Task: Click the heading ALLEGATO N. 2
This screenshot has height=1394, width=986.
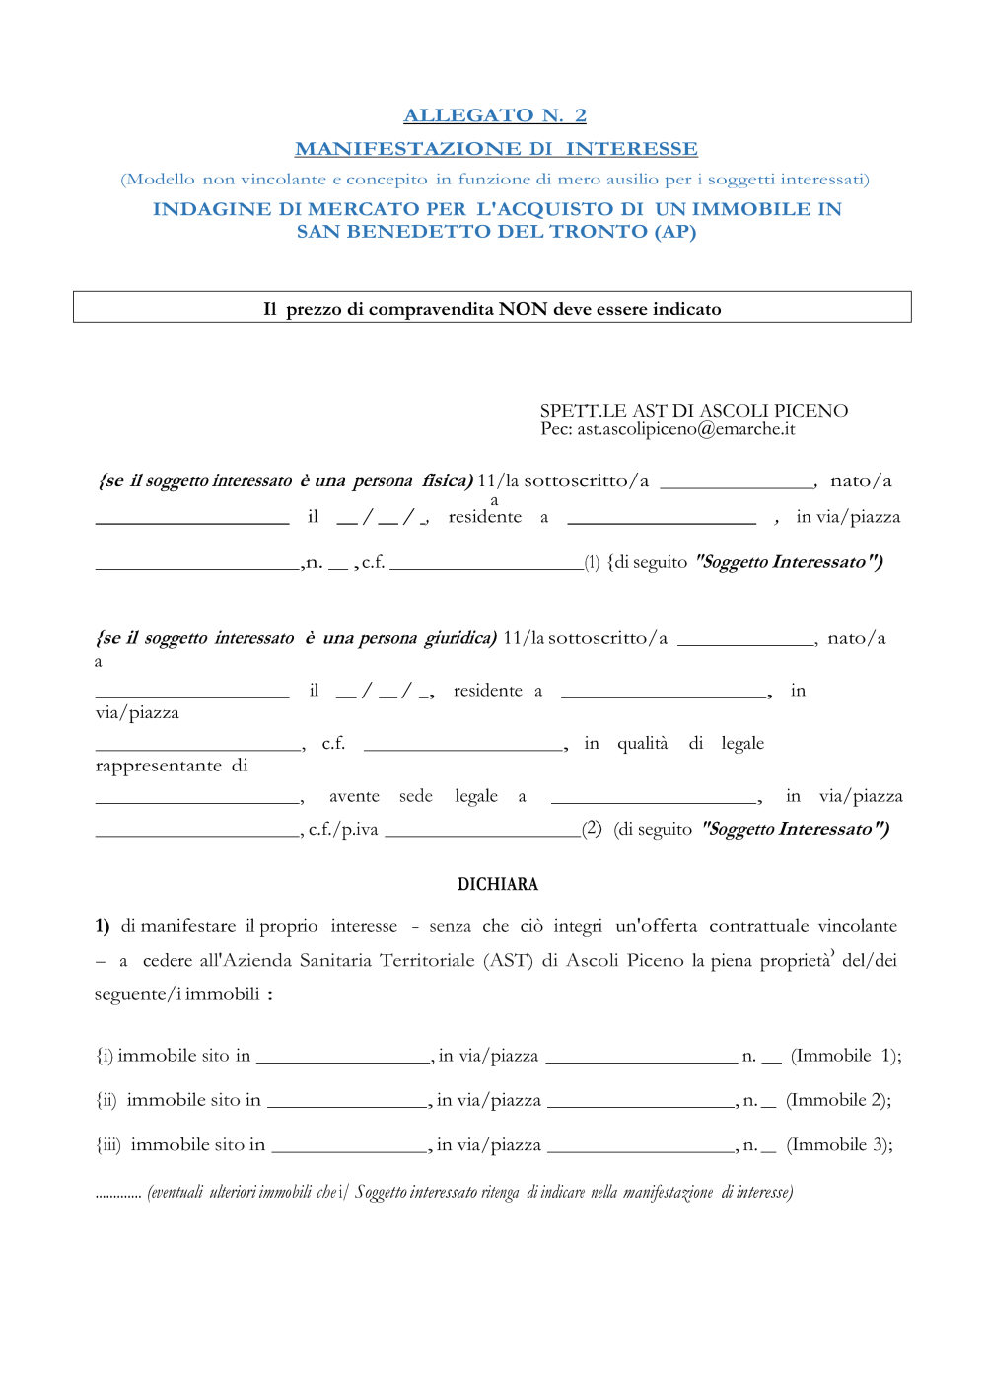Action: coord(495,115)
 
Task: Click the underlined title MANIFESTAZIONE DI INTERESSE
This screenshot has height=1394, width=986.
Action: coord(496,149)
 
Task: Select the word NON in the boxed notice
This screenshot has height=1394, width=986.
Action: coord(523,309)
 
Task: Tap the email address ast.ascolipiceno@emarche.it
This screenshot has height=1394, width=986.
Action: coord(686,429)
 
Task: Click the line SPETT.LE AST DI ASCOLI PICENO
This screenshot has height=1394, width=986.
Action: coord(693,411)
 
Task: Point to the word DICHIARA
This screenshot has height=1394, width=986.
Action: coord(498,884)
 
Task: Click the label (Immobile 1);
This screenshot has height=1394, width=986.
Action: coord(845,1056)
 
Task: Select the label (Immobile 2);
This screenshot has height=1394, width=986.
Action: coord(838,1100)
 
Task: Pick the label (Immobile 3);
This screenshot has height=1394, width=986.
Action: coord(839,1144)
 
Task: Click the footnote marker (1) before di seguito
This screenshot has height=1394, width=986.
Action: coord(592,563)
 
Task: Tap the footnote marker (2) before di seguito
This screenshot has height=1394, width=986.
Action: coord(592,829)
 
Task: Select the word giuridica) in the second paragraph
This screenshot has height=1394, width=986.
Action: coord(460,638)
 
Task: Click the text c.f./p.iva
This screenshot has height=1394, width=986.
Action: coord(343,830)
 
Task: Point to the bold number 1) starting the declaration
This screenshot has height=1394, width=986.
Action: coord(103,926)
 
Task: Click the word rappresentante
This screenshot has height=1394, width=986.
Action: coord(159,766)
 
